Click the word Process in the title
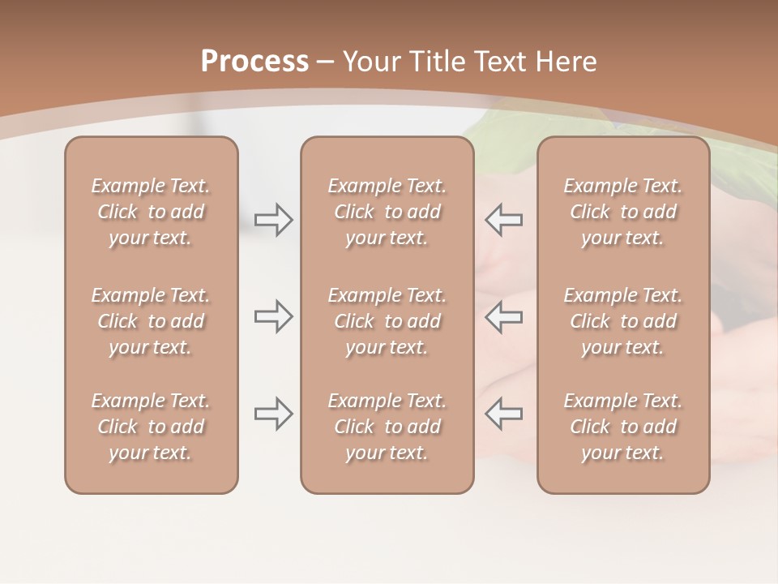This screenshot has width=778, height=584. click(x=254, y=62)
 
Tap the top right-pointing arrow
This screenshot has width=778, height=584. click(x=273, y=220)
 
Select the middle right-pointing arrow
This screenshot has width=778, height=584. click(x=273, y=316)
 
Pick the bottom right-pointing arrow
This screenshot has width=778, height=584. click(x=273, y=414)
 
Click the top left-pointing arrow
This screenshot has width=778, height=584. click(x=504, y=220)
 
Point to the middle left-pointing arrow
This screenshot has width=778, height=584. click(x=504, y=316)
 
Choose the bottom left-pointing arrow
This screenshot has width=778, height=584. click(x=504, y=414)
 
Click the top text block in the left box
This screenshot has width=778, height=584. click(x=151, y=212)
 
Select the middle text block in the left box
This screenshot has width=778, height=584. click(x=151, y=321)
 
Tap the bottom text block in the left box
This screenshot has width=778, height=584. click(x=151, y=427)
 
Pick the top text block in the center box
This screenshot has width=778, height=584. click(x=387, y=212)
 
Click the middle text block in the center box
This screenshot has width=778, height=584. click(x=387, y=321)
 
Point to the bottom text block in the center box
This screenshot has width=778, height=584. click(x=387, y=427)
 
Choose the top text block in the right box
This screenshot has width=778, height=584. click(x=622, y=212)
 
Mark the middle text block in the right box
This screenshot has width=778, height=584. click(x=622, y=321)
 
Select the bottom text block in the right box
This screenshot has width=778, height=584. click(x=622, y=427)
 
